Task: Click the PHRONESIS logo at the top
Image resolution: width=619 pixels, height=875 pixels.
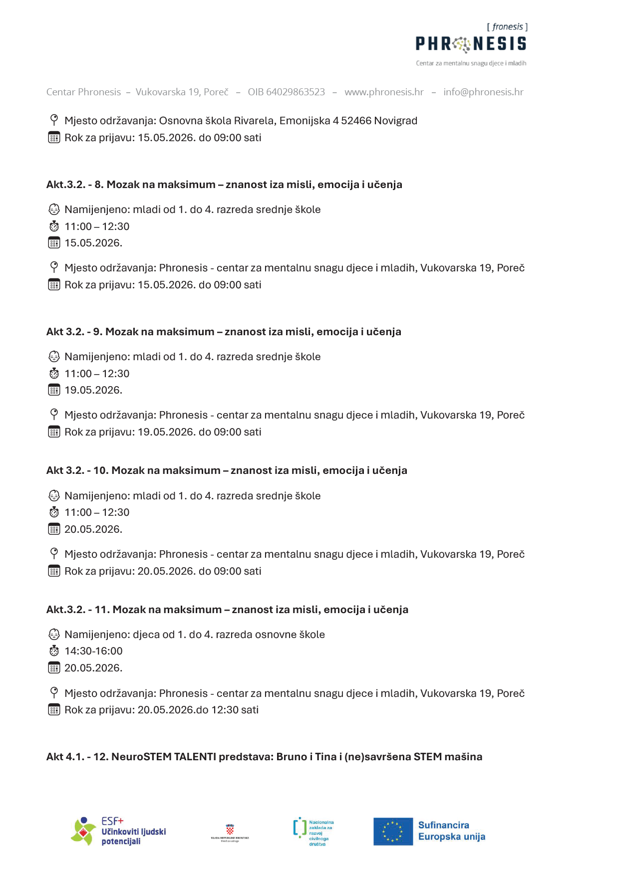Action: (x=471, y=44)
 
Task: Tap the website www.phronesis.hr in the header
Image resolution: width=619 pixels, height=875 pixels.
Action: (x=384, y=92)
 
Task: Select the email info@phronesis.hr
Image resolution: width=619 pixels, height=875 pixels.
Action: (x=483, y=92)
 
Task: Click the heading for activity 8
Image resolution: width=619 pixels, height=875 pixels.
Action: (x=224, y=185)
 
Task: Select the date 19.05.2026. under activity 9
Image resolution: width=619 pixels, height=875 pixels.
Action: (x=93, y=390)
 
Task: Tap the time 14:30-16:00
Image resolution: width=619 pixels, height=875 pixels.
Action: (x=93, y=651)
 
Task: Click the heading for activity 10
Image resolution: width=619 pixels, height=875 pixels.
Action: (x=227, y=470)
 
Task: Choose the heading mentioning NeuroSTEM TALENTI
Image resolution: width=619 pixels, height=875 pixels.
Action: (x=264, y=757)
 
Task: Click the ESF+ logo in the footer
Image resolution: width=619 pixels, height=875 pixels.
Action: (x=118, y=831)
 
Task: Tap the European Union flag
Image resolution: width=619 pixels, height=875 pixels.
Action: (x=393, y=832)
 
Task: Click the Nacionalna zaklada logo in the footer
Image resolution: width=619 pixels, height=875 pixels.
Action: (x=313, y=832)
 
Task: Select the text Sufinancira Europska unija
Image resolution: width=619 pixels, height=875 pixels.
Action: (x=451, y=831)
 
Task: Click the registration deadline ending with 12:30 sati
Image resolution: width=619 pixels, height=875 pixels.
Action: (x=161, y=710)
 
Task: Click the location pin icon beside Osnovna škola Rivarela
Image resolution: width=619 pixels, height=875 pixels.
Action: (x=54, y=120)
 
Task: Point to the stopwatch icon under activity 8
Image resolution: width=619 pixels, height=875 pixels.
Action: (x=54, y=226)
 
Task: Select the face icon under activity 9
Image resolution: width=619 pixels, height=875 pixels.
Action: (x=54, y=357)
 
